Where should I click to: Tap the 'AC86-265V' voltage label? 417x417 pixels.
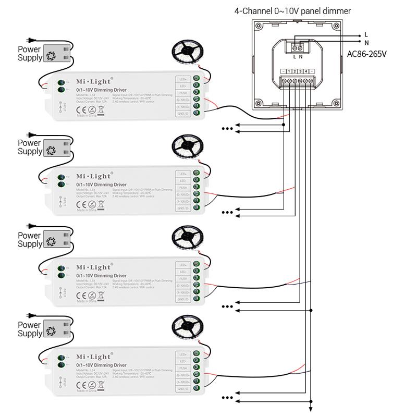(x=370, y=53)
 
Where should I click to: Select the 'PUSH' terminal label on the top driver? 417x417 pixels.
(x=183, y=92)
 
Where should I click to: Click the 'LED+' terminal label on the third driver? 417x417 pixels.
(x=183, y=265)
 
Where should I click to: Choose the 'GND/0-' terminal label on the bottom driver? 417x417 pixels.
(x=183, y=389)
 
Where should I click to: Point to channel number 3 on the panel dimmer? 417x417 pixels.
(x=301, y=70)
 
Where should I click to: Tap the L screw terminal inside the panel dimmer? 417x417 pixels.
(x=296, y=45)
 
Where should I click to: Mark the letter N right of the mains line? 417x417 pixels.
(x=366, y=43)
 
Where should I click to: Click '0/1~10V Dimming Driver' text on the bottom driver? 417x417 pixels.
(x=101, y=365)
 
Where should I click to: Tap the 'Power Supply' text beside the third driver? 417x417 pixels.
(x=30, y=240)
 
